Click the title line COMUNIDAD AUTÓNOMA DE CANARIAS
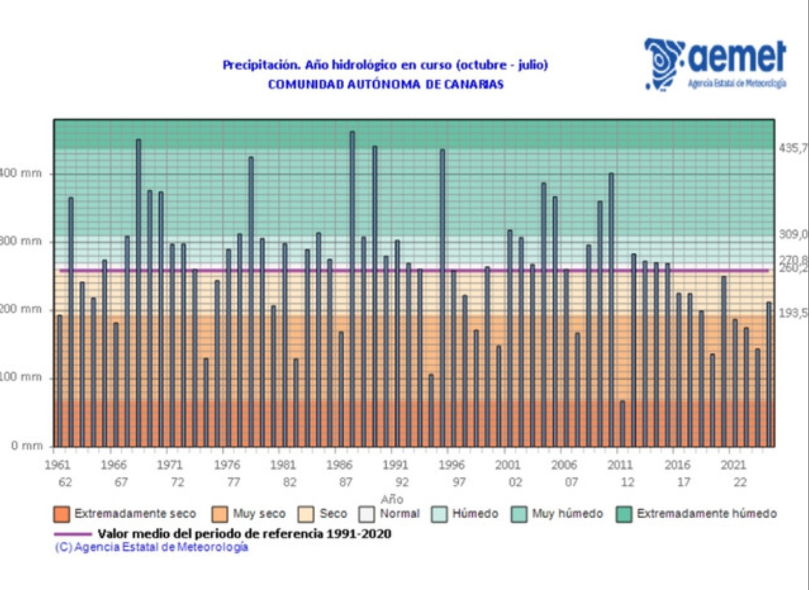(386, 85)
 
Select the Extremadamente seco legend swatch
(61, 514)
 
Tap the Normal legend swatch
(367, 514)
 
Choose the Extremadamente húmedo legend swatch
(624, 514)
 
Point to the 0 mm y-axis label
(27, 445)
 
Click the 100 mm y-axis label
(21, 377)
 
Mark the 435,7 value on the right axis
(793, 147)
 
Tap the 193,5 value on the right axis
(793, 313)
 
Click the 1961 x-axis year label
(58, 465)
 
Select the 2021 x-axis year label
(733, 465)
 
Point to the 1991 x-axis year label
(395, 465)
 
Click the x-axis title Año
(392, 499)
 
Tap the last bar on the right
(769, 374)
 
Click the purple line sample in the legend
(73, 534)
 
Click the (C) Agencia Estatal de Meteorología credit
(151, 547)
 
